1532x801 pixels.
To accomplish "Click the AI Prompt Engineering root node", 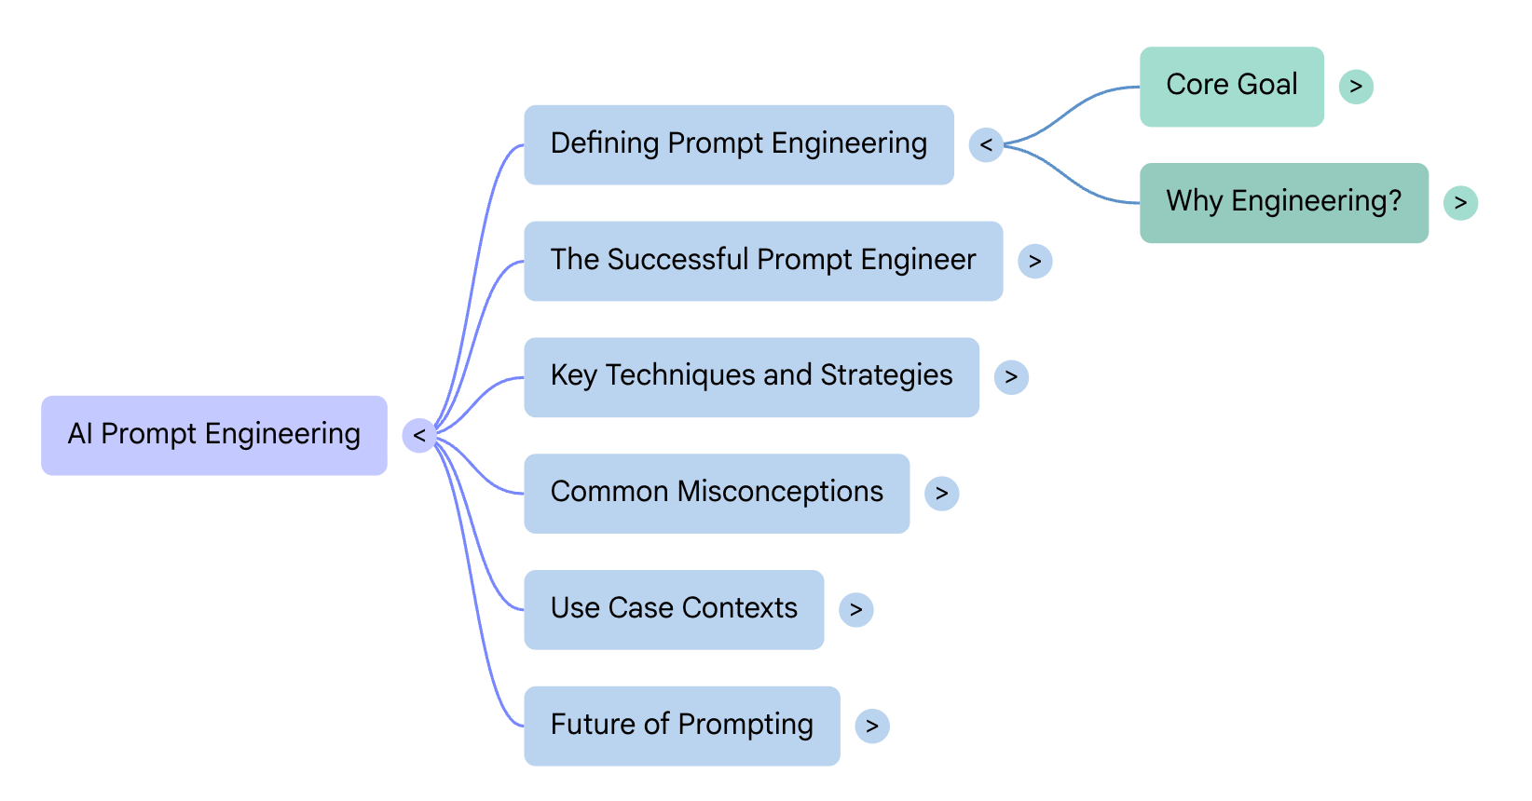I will pyautogui.click(x=213, y=435).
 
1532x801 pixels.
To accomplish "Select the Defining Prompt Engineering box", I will pyautogui.click(x=738, y=144).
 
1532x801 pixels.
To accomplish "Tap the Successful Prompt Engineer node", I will pyautogui.click(x=762, y=261).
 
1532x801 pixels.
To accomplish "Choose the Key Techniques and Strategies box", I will pyautogui.click(x=751, y=377).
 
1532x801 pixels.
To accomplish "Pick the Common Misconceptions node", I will pyautogui.click(x=716, y=493).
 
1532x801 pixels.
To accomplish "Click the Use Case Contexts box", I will pyautogui.click(x=673, y=609).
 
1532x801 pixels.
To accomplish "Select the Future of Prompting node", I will pyautogui.click(x=681, y=726).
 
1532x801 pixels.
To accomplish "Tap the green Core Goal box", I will pyautogui.click(x=1231, y=86).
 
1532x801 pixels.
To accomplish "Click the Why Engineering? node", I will pyautogui.click(x=1283, y=202).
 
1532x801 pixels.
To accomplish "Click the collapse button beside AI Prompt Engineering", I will pyautogui.click(x=419, y=435).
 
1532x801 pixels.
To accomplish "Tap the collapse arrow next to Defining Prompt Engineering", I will pyautogui.click(x=986, y=144).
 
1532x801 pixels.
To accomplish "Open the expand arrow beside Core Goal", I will pyautogui.click(x=1356, y=87).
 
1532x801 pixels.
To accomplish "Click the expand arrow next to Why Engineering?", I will pyautogui.click(x=1460, y=202).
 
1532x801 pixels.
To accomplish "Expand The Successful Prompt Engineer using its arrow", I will pyautogui.click(x=1034, y=261).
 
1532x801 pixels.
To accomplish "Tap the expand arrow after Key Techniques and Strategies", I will pyautogui.click(x=1011, y=377).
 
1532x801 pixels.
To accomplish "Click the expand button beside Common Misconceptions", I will pyautogui.click(x=941, y=493).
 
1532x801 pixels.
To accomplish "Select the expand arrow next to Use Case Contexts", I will pyautogui.click(x=855, y=609).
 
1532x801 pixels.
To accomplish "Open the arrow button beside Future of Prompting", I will pyautogui.click(x=871, y=726).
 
